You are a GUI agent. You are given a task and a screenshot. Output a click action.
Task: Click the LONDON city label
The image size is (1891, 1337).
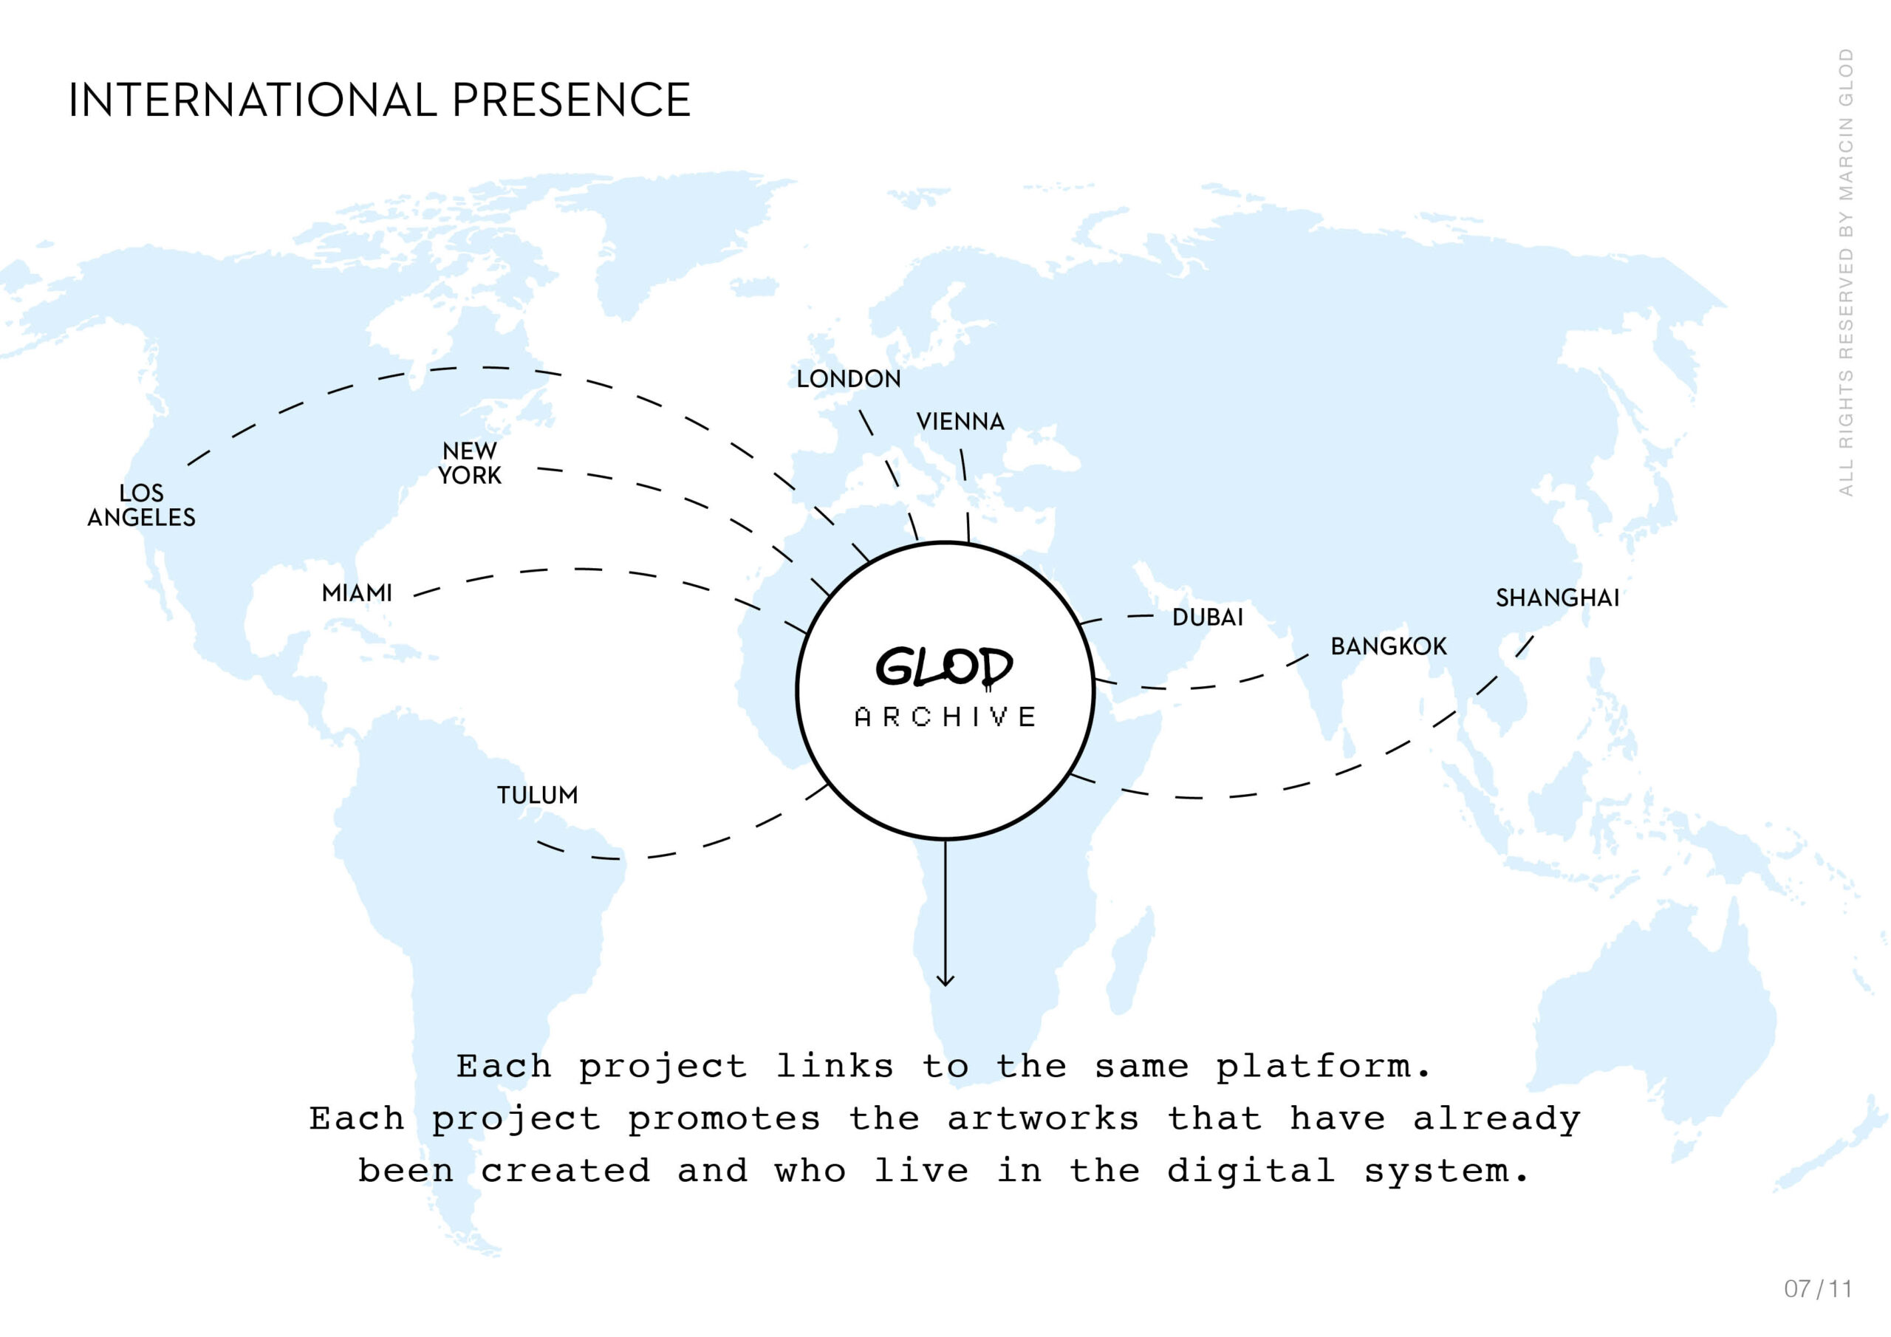coord(848,379)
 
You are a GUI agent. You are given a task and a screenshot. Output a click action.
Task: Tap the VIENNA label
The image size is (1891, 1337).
coord(960,422)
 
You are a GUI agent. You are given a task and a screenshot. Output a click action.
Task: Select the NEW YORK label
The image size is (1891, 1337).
coord(470,463)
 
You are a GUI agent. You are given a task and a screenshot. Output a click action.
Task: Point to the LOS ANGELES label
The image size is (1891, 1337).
coord(142,505)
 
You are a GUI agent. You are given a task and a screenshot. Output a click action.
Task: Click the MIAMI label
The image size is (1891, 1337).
coord(357,593)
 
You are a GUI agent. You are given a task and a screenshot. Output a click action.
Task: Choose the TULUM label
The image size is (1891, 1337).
coord(537,795)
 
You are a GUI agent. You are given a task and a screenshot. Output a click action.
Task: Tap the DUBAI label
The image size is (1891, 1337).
coord(1208,617)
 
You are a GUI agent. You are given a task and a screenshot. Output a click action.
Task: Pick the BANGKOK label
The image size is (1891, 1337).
coord(1389,646)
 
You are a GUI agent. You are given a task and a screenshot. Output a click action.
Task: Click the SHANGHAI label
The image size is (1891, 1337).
coord(1557,598)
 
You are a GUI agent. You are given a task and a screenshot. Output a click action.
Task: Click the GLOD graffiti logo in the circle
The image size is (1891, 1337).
coord(944,666)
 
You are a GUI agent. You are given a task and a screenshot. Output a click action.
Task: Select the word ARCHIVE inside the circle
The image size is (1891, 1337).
coord(945,717)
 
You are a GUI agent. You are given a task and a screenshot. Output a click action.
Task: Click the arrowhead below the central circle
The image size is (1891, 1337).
coord(945,979)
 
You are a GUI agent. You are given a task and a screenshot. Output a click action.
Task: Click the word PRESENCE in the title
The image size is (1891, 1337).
coord(571,100)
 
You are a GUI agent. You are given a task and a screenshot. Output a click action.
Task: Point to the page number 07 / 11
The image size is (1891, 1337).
coord(1818,1288)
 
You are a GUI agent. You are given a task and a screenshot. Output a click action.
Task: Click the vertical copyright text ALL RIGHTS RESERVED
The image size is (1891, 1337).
coord(1846,272)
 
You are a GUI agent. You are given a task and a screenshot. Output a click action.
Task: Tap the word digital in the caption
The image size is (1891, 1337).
coord(1251,1172)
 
